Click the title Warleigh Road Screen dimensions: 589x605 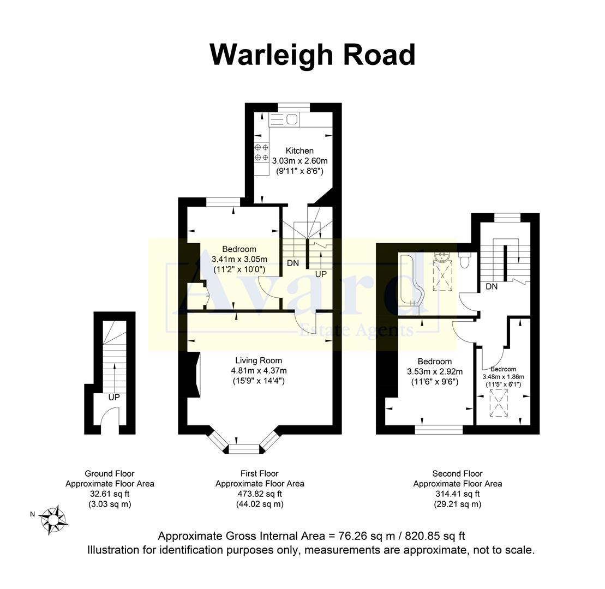[312, 55]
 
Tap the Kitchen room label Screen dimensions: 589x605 [299, 151]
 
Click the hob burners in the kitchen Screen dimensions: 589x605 [262, 152]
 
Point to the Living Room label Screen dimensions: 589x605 [259, 360]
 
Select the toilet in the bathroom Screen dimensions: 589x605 [465, 260]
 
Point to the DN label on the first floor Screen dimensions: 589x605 [293, 263]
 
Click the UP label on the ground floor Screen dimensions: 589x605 [113, 398]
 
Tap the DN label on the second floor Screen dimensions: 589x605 [492, 286]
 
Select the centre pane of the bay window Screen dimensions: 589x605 [243, 449]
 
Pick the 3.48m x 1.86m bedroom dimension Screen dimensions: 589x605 [503, 376]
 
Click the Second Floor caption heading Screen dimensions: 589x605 [457, 473]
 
